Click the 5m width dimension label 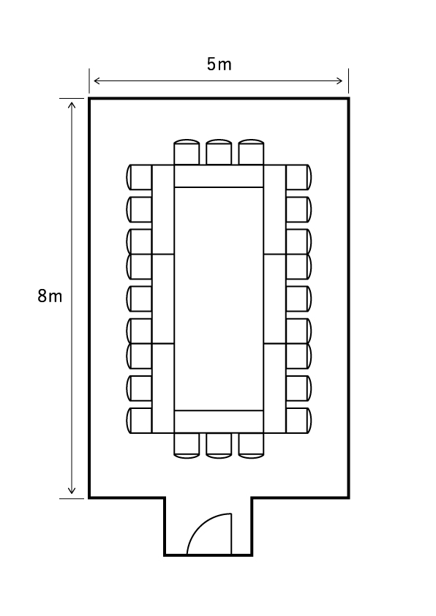click(219, 64)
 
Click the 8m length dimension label click(50, 296)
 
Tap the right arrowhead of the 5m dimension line click(339, 81)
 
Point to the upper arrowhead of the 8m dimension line click(72, 105)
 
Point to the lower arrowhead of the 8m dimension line click(72, 490)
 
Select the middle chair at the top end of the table click(219, 151)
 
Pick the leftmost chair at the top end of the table click(187, 151)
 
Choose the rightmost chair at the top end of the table click(251, 151)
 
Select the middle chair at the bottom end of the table click(219, 446)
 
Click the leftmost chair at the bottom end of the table click(187, 446)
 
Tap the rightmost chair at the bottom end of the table click(251, 446)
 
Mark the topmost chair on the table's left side click(139, 177)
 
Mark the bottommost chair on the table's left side click(139, 421)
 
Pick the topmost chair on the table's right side click(299, 177)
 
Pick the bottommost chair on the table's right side click(299, 421)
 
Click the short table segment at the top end click(219, 176)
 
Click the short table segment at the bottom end click(219, 421)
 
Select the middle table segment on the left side click(163, 298)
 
